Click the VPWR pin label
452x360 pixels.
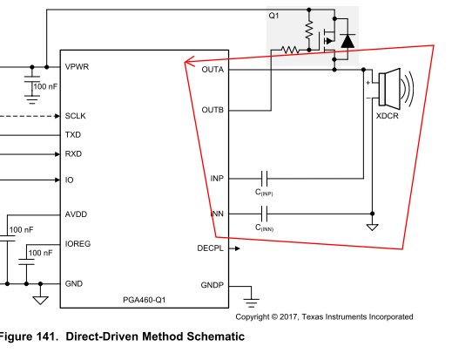coord(77,67)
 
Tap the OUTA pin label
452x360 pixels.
coord(213,70)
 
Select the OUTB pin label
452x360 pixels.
coord(213,110)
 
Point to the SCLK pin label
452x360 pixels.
coord(75,116)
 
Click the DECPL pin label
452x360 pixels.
coord(210,248)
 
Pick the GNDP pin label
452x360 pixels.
coord(212,285)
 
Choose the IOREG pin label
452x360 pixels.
coord(78,244)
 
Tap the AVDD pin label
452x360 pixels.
coord(76,214)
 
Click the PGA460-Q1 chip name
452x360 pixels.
coord(145,300)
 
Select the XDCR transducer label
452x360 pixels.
coord(388,116)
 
